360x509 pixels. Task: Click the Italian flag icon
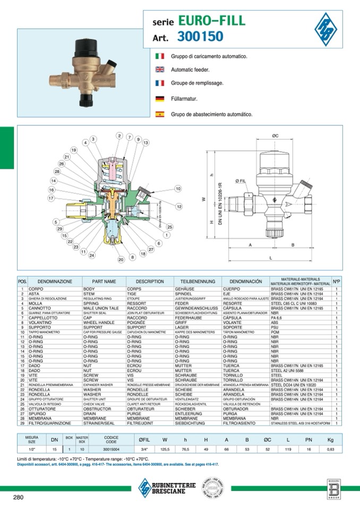[160, 56]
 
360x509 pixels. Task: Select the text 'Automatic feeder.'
[190, 70]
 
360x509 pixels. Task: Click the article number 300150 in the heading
[200, 37]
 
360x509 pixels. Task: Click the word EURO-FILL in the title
[211, 21]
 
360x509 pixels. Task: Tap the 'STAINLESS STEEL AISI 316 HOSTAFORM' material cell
[300, 424]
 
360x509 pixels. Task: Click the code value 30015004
[110, 448]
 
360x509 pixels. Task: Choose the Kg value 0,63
[330, 448]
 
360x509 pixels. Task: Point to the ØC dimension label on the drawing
[275, 136]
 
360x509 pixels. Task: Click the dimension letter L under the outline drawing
[271, 257]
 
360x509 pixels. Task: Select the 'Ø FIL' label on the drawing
[240, 182]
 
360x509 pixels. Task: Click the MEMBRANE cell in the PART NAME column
[93, 419]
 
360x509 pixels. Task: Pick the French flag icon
[160, 84]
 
